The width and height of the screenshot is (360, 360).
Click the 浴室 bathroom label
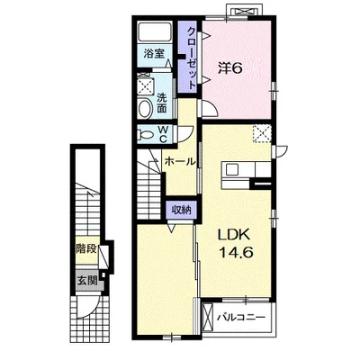click(x=154, y=54)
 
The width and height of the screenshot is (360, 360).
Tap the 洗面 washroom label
click(x=162, y=103)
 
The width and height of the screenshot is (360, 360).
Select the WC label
click(x=162, y=134)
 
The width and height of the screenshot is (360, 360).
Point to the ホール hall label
click(x=180, y=162)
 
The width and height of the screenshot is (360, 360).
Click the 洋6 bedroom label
click(x=229, y=69)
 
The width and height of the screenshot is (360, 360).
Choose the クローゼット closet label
click(x=192, y=58)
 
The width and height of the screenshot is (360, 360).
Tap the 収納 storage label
click(x=181, y=211)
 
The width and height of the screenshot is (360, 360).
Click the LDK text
click(x=234, y=234)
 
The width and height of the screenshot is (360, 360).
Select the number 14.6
click(x=237, y=252)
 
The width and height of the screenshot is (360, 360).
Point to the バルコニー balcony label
click(x=242, y=317)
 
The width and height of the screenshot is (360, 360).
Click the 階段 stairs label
click(x=86, y=248)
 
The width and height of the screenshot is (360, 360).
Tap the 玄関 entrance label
click(x=87, y=281)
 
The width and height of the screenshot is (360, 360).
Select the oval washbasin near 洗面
click(x=145, y=109)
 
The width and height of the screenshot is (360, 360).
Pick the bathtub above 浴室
click(x=155, y=31)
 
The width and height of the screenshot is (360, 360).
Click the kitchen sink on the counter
click(x=232, y=170)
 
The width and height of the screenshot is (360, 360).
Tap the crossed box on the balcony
click(x=208, y=317)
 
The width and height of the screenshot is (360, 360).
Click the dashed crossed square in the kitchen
click(x=262, y=133)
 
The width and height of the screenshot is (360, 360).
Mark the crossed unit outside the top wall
click(x=245, y=12)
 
